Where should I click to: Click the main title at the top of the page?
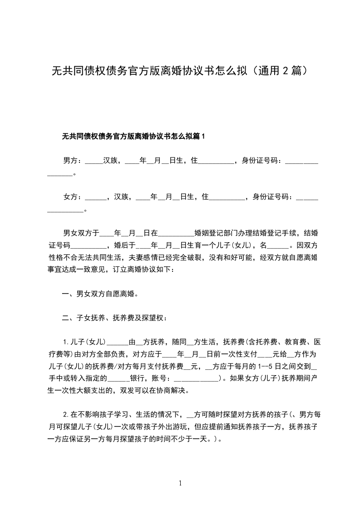point(180,71)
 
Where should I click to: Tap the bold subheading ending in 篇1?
point(134,136)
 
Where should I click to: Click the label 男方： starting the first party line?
point(73,160)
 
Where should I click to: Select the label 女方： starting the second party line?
point(73,197)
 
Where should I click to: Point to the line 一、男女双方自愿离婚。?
point(100,294)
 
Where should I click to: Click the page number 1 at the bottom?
point(180,484)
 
